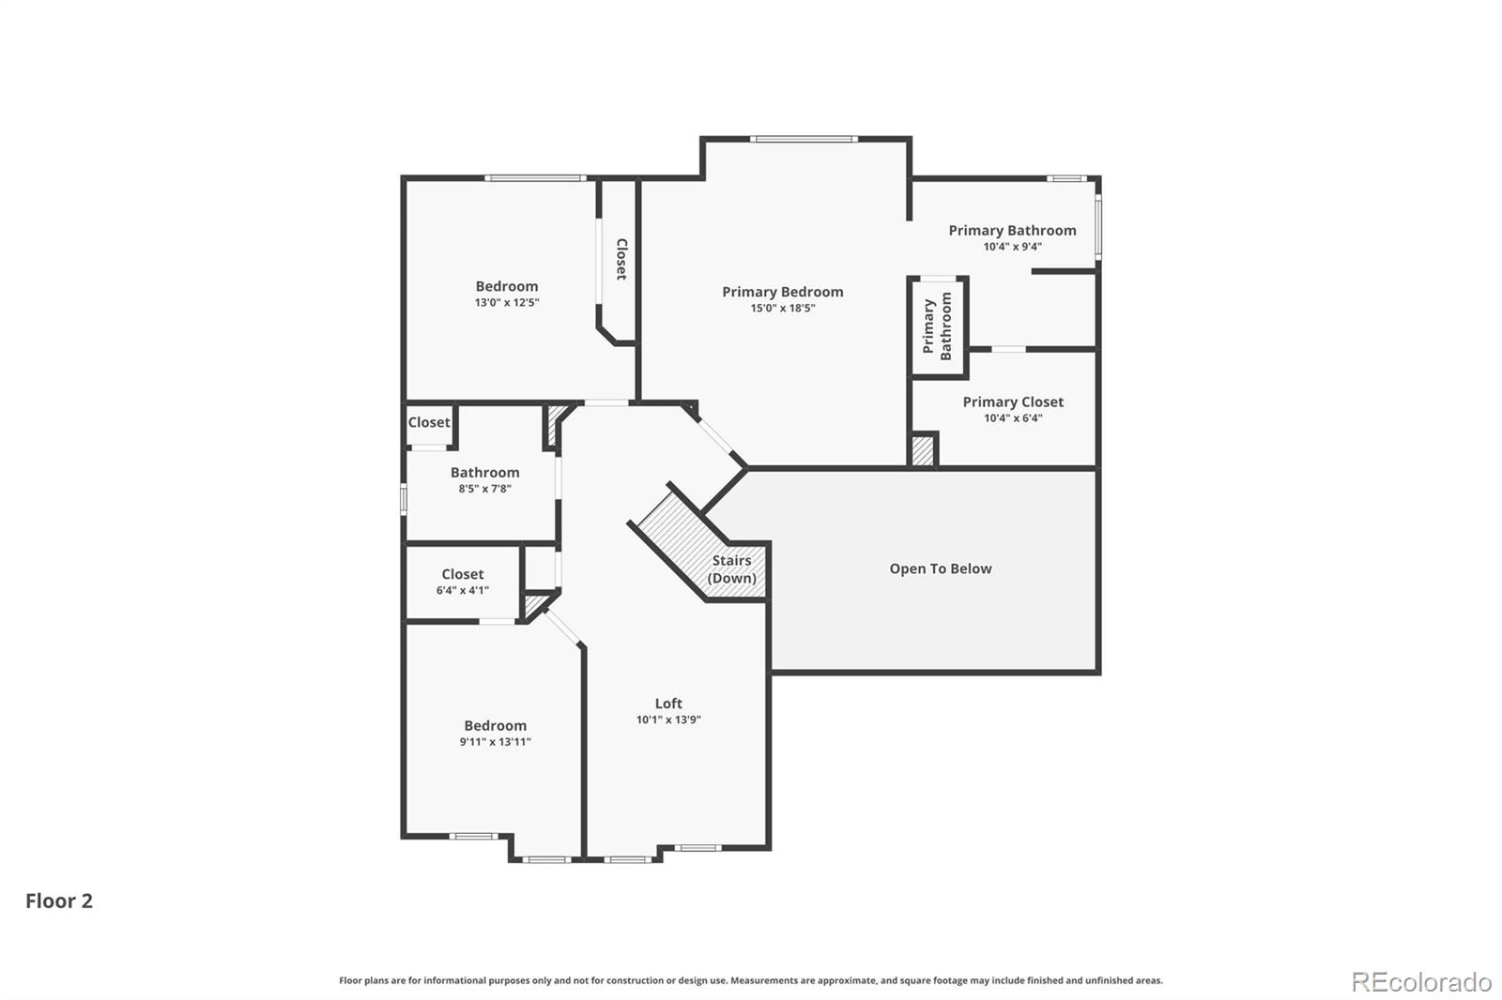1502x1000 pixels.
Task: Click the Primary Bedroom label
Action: click(783, 293)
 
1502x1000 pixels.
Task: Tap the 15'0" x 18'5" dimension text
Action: click(783, 309)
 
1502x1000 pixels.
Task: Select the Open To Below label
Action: click(940, 569)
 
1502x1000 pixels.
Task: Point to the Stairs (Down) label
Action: click(731, 569)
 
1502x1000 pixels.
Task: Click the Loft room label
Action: click(668, 704)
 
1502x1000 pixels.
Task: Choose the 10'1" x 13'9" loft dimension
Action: click(668, 720)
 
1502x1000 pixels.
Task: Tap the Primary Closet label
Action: click(1013, 402)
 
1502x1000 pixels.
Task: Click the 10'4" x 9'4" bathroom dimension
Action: click(1013, 247)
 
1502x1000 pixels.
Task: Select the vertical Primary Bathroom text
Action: click(938, 326)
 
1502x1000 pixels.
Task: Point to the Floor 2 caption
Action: click(59, 901)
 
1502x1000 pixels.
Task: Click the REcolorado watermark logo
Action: click(1421, 982)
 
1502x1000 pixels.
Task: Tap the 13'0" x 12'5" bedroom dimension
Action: click(507, 302)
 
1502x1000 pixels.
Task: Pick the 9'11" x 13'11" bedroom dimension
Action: click(496, 742)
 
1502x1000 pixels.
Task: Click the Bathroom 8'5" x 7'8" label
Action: click(484, 480)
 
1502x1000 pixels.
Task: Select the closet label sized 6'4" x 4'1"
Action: click(463, 582)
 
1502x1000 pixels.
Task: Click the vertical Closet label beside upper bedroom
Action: click(621, 260)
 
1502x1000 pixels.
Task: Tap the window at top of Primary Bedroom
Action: click(804, 140)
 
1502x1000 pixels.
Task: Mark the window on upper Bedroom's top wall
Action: click(536, 178)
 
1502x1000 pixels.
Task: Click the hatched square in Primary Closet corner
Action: click(923, 449)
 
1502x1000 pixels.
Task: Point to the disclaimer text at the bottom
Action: click(751, 980)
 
